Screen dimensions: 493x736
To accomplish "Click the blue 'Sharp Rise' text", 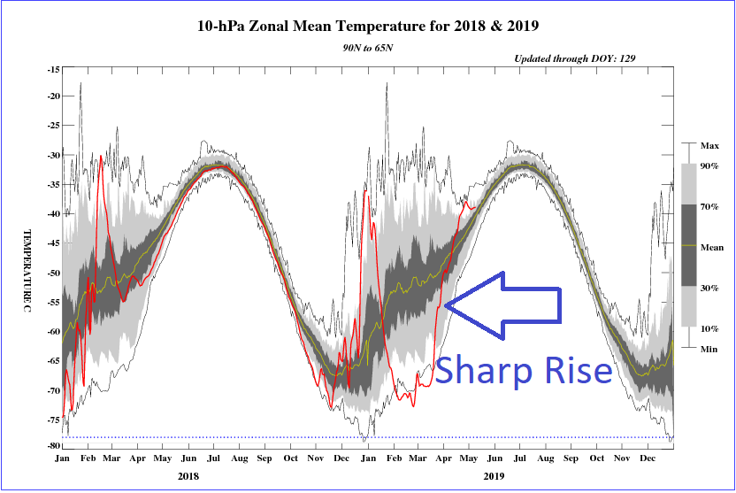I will pyautogui.click(x=524, y=368).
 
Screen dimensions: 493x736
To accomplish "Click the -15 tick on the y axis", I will pyautogui.click(x=52, y=69).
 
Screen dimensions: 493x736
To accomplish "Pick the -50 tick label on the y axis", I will pyautogui.click(x=52, y=273).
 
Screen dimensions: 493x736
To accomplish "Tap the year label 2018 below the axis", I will pyautogui.click(x=188, y=475).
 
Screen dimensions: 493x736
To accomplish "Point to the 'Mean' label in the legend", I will pyautogui.click(x=712, y=248).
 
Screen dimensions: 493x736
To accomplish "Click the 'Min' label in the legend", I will pyautogui.click(x=709, y=350).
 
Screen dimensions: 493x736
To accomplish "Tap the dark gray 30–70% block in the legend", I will pyautogui.click(x=691, y=245).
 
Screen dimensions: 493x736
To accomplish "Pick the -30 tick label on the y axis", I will pyautogui.click(x=52, y=156).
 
